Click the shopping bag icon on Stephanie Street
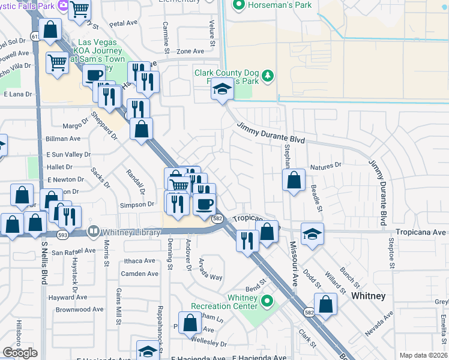pyautogui.click(x=294, y=181)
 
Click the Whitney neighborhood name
pyautogui.click(x=368, y=296)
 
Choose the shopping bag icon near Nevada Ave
pyautogui.click(x=325, y=305)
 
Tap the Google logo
pyautogui.click(x=20, y=353)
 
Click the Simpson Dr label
pyautogui.click(x=138, y=205)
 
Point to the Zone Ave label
pyautogui.click(x=190, y=52)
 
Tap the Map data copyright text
pyautogui.click(x=423, y=355)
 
